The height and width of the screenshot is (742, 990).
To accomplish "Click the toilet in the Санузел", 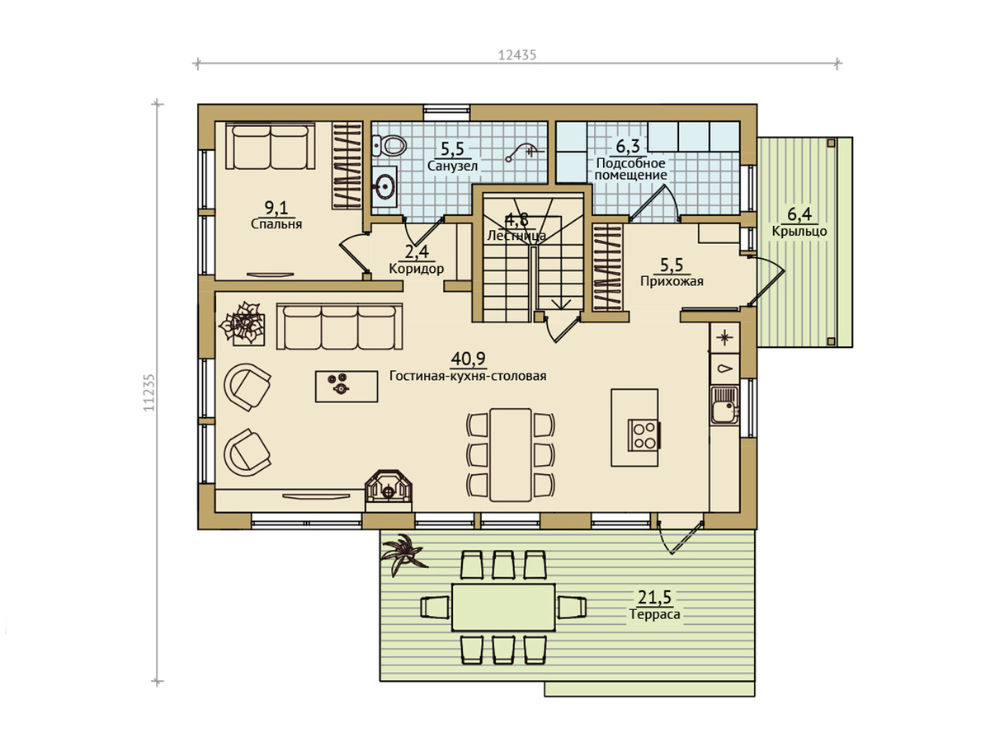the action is tap(389, 146).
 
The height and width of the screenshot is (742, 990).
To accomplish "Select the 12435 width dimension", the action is tap(517, 55).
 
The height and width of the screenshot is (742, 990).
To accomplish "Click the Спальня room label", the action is tap(276, 224).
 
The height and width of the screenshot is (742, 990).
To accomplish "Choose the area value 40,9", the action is tap(468, 359).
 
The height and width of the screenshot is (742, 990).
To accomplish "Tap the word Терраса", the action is tap(654, 614).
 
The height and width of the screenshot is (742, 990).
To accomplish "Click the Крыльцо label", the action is tap(799, 231).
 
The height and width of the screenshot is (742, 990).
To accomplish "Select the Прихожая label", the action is tap(672, 281).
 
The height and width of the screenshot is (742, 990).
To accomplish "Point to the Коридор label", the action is tap(417, 269).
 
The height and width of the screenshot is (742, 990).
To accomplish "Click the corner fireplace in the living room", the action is tap(389, 490).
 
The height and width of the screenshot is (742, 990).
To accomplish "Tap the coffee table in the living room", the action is tap(346, 386).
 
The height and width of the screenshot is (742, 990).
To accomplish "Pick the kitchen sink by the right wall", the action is tap(725, 406).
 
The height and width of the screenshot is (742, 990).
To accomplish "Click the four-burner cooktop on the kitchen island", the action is tap(644, 435).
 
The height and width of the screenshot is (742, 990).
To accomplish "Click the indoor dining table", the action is tap(511, 454).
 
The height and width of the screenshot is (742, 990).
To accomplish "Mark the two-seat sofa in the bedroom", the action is tap(271, 147).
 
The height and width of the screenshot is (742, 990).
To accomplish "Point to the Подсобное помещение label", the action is tap(630, 168).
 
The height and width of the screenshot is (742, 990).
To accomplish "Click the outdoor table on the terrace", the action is tap(503, 608).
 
